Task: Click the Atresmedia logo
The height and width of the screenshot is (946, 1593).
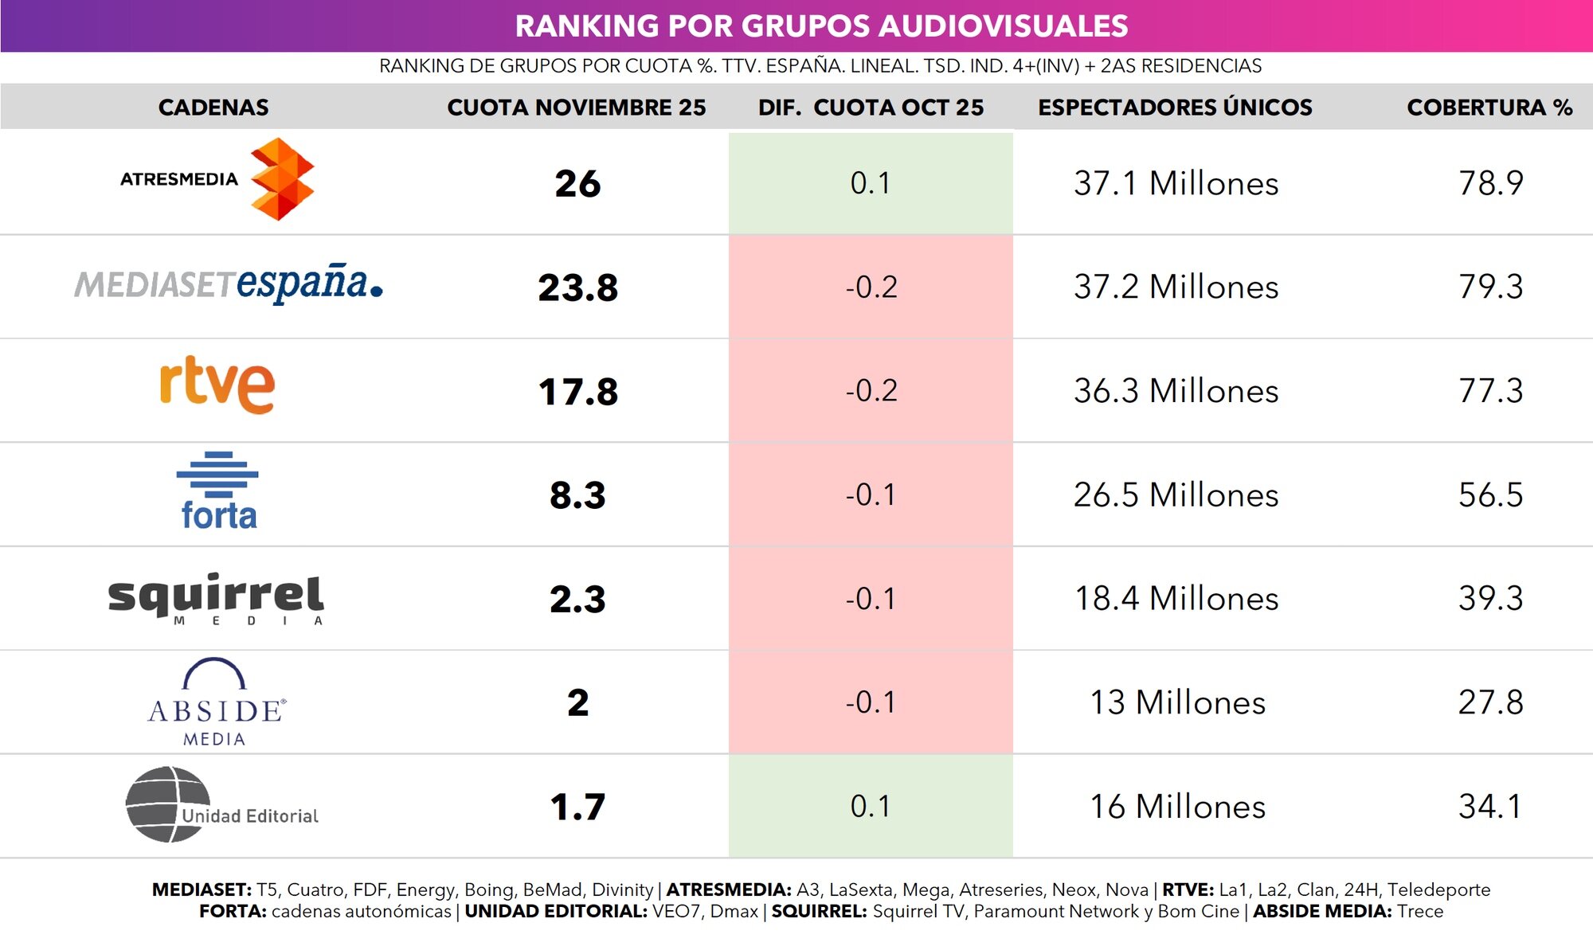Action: click(x=217, y=179)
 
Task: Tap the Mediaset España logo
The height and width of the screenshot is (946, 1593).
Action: click(x=229, y=284)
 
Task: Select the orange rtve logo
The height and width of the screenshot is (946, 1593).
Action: click(x=217, y=385)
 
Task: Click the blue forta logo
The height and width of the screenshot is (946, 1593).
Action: click(x=217, y=491)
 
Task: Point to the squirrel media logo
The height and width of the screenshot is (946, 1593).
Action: click(x=216, y=598)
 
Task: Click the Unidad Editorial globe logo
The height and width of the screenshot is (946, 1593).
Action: click(x=221, y=805)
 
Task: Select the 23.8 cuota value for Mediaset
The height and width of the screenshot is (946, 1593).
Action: click(x=577, y=287)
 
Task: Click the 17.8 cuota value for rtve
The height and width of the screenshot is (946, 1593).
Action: click(x=577, y=392)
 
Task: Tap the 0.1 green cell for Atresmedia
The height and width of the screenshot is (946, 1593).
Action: click(x=870, y=183)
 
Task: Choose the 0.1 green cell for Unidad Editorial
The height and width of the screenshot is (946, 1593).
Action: click(x=870, y=807)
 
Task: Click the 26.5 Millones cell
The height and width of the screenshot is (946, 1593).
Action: click(x=1176, y=495)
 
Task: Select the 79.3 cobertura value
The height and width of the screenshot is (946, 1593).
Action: click(x=1490, y=287)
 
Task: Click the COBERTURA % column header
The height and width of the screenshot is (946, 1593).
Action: click(x=1489, y=107)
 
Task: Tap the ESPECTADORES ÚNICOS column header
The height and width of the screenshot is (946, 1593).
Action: click(x=1175, y=107)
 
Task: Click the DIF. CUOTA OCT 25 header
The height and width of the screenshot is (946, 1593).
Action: click(x=871, y=107)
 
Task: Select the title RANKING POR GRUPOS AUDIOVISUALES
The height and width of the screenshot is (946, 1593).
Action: click(x=821, y=26)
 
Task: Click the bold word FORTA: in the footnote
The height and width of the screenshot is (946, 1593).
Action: click(x=233, y=912)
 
